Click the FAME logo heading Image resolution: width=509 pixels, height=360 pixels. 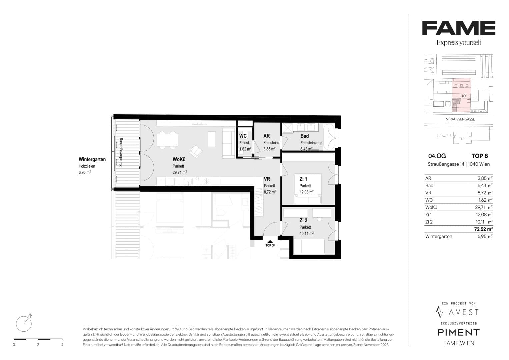point(459,28)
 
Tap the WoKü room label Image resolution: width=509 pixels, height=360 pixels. point(179,160)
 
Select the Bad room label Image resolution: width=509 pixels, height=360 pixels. point(304,136)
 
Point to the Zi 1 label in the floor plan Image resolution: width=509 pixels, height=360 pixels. point(303,179)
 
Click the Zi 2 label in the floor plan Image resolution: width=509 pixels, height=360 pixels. point(303,220)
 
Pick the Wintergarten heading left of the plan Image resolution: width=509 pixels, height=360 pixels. point(92,160)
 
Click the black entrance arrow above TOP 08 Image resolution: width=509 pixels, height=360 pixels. point(270,242)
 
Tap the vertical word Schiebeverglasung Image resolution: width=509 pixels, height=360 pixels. point(121,152)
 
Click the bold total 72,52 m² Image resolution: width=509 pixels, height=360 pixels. point(483,229)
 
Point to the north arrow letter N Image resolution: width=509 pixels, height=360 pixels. point(30,316)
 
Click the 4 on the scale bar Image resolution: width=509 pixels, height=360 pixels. point(62,345)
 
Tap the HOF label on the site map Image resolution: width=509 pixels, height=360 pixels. point(464,96)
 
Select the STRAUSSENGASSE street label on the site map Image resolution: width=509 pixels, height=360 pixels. point(460,119)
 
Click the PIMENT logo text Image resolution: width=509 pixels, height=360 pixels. point(459,333)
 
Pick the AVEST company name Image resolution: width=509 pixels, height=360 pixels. point(464,312)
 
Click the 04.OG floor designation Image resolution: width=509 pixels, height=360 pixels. point(437,156)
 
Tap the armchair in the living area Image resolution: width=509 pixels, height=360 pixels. point(196,151)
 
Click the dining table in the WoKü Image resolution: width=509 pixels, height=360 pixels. point(167,140)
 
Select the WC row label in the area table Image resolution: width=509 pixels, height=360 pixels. point(429,200)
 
